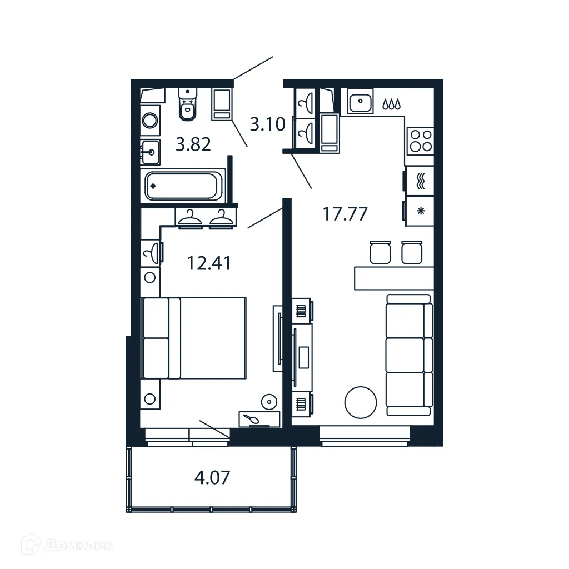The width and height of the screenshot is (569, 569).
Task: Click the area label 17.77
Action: pos(345,213)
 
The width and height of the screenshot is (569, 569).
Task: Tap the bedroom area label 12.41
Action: pos(209,262)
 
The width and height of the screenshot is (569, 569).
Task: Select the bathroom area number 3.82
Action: pos(193,144)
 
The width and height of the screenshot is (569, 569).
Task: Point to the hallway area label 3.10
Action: pos(267,124)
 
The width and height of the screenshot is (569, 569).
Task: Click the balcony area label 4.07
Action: pos(212,477)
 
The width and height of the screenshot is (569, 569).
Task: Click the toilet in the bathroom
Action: pos(188,105)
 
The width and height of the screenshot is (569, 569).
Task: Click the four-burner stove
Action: pos(420,141)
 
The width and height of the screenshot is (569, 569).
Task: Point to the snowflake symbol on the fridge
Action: pos(420,211)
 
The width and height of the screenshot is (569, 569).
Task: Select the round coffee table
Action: pos(361,402)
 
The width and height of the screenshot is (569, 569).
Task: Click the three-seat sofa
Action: pos(409,355)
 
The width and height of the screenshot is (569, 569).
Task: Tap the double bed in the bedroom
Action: pos(194,338)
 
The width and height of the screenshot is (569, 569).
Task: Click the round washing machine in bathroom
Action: pos(149,120)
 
